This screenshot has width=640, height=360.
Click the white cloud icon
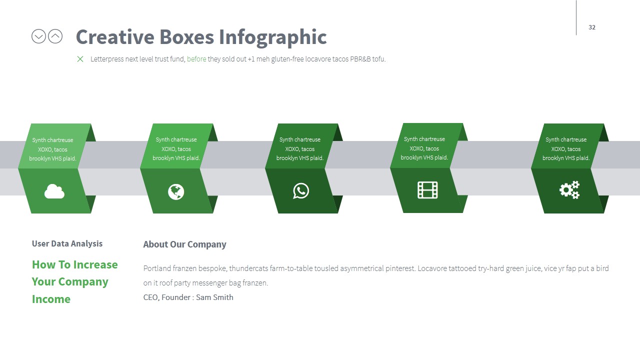click(x=54, y=191)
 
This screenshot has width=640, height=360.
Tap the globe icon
click(x=176, y=191)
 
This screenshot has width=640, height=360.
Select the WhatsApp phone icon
click(x=301, y=191)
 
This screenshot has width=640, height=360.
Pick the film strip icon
click(x=427, y=190)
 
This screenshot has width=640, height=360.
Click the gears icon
click(x=569, y=190)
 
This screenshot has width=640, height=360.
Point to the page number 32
click(x=592, y=27)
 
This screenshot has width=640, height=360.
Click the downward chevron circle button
click(x=38, y=36)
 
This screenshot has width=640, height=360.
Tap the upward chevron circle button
click(x=55, y=36)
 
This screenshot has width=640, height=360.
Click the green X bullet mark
click(x=80, y=59)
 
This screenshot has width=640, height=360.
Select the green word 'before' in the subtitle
click(x=196, y=59)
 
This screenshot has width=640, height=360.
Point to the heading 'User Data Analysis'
click(x=67, y=243)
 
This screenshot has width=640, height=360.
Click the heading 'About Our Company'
click(x=184, y=244)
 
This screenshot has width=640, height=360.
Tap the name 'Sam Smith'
click(x=214, y=297)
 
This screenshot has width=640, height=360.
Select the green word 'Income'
click(x=51, y=299)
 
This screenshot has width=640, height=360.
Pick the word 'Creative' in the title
click(x=115, y=37)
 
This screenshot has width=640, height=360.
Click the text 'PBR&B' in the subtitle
click(x=359, y=59)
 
